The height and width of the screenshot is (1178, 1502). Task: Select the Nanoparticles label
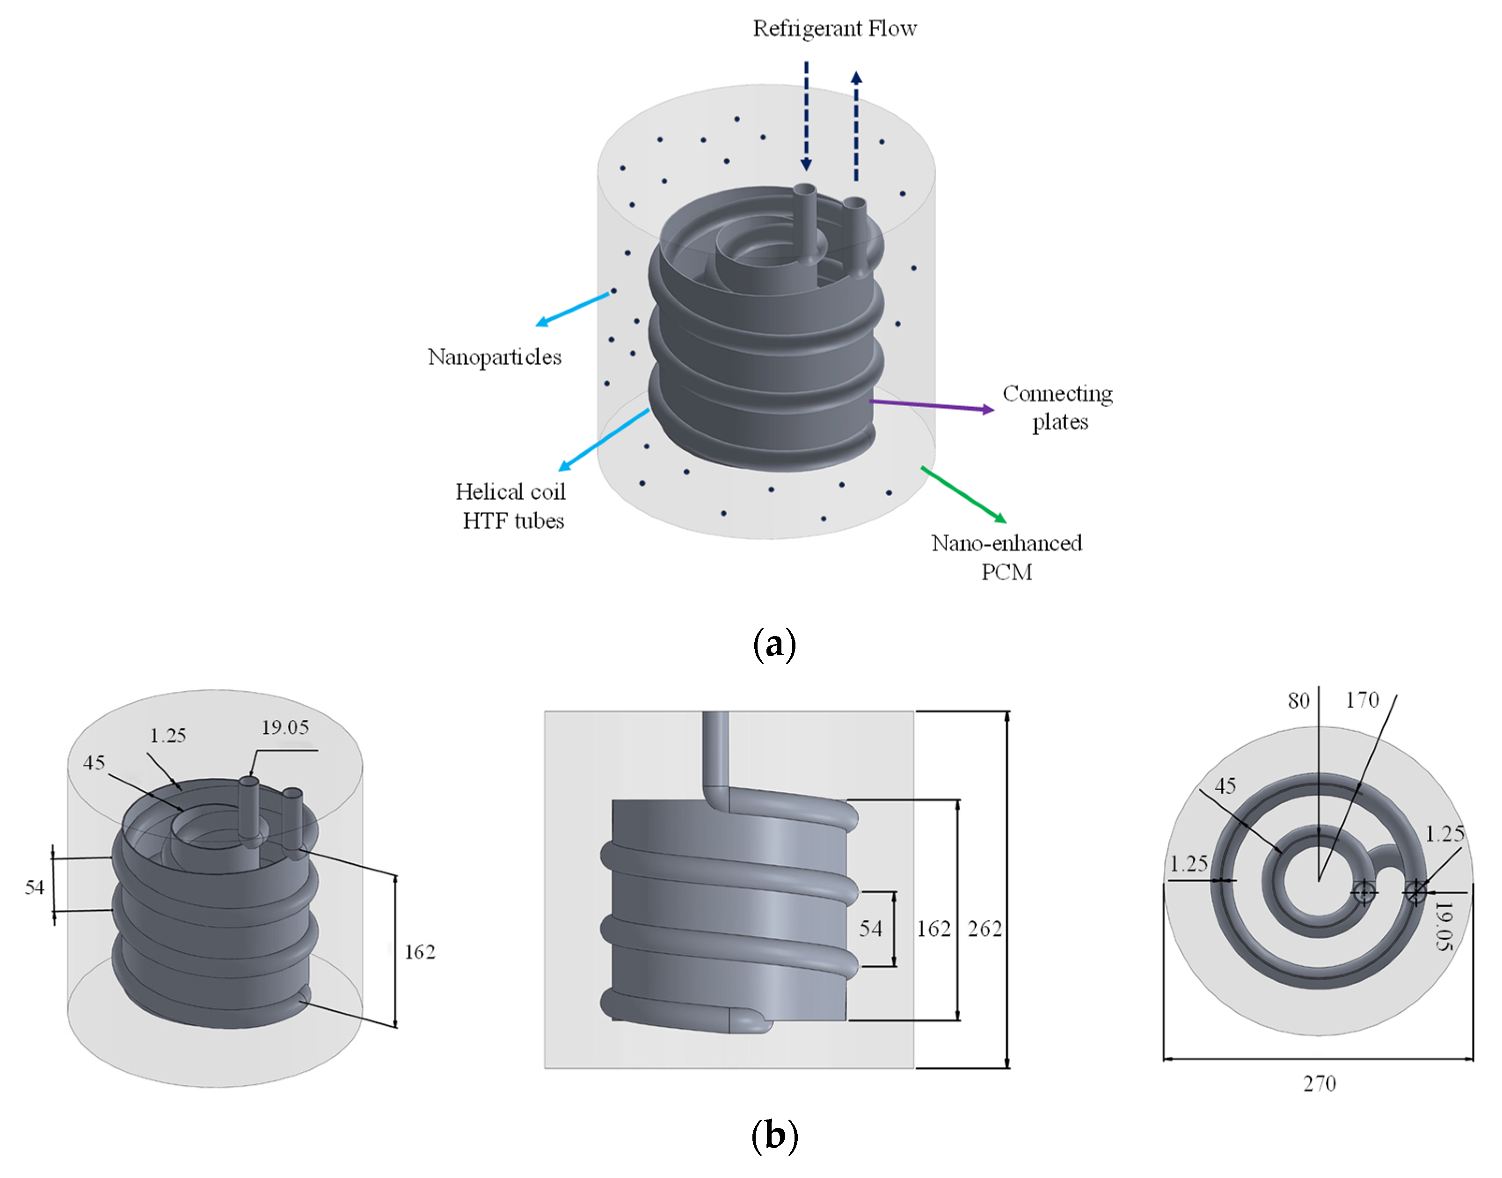pos(495,357)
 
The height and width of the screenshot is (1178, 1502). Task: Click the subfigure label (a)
pos(774,644)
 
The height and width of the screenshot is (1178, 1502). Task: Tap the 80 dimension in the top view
pos(1298,701)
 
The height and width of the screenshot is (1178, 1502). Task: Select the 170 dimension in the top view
pos(1362,700)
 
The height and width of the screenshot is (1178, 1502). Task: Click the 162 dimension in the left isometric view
pos(419,952)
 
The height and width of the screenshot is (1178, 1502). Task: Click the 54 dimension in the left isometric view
pos(35,887)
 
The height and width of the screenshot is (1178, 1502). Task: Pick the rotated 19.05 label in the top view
pos(1444,926)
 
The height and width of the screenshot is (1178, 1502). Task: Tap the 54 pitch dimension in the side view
pos(870,929)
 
